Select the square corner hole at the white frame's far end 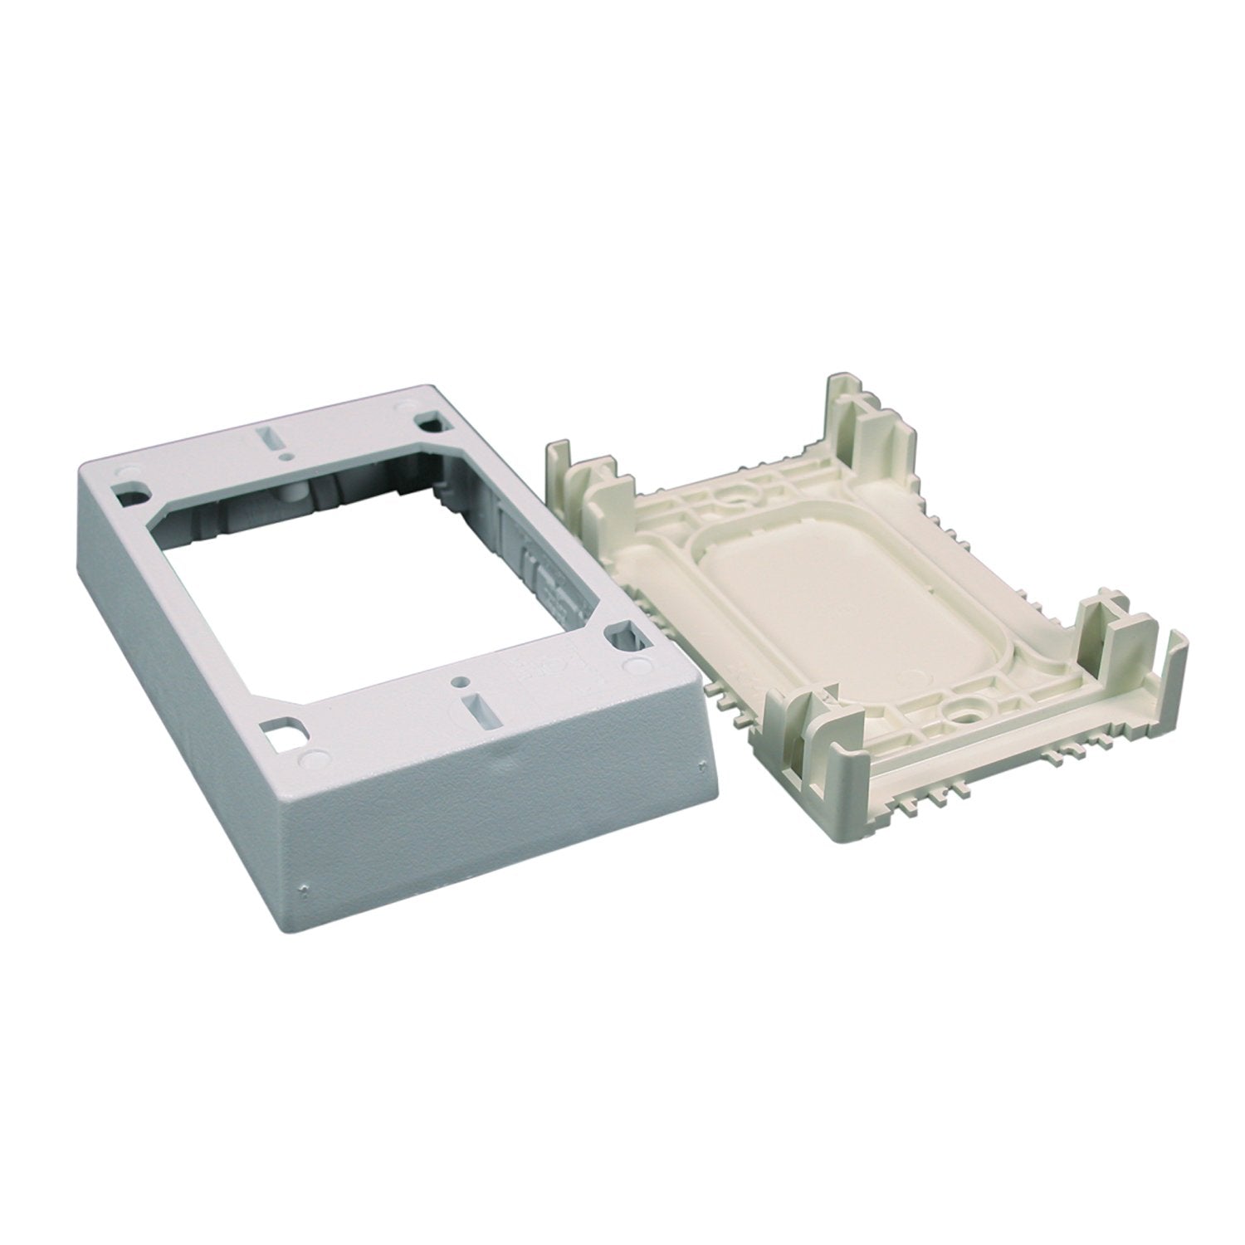(430, 422)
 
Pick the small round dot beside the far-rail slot (285, 455)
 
